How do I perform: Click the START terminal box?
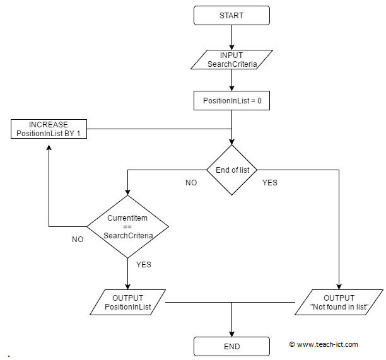[x=232, y=16]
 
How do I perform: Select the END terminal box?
[x=232, y=345]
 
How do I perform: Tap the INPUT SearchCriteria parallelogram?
[x=231, y=60]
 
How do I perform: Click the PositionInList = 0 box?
[x=231, y=100]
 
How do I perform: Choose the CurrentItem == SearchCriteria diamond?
[x=127, y=225]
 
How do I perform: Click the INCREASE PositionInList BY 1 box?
[x=49, y=129]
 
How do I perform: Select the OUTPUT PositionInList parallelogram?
[x=127, y=302]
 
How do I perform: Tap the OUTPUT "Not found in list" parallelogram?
[x=339, y=302]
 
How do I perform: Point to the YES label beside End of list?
[x=269, y=183]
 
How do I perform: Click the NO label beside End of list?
[x=190, y=183]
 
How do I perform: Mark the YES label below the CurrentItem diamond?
[x=144, y=265]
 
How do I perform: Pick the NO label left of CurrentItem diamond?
[x=78, y=240]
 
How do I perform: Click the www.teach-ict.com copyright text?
[x=324, y=344]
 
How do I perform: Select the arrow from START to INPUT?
[x=232, y=37]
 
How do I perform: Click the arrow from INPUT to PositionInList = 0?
[x=232, y=81]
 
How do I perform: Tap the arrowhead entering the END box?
[x=232, y=334]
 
